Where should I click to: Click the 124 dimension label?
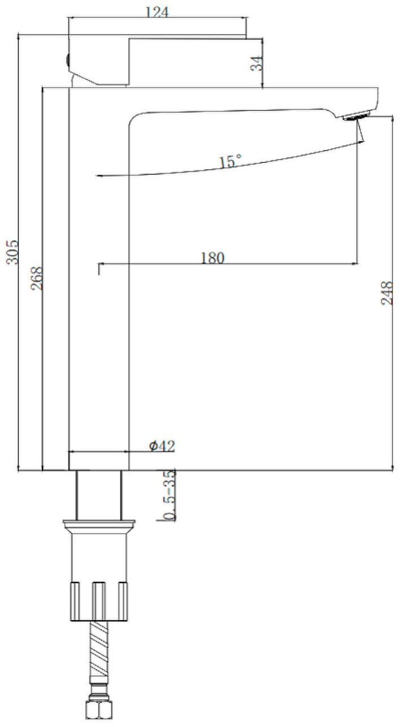click(x=157, y=12)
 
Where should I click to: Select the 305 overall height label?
click(x=13, y=253)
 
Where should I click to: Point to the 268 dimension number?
click(x=37, y=278)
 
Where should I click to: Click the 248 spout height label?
click(x=386, y=293)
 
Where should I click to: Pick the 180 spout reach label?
click(x=212, y=258)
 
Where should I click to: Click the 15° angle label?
click(x=230, y=161)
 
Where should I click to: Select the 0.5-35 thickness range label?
click(x=170, y=495)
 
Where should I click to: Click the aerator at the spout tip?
click(x=357, y=116)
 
